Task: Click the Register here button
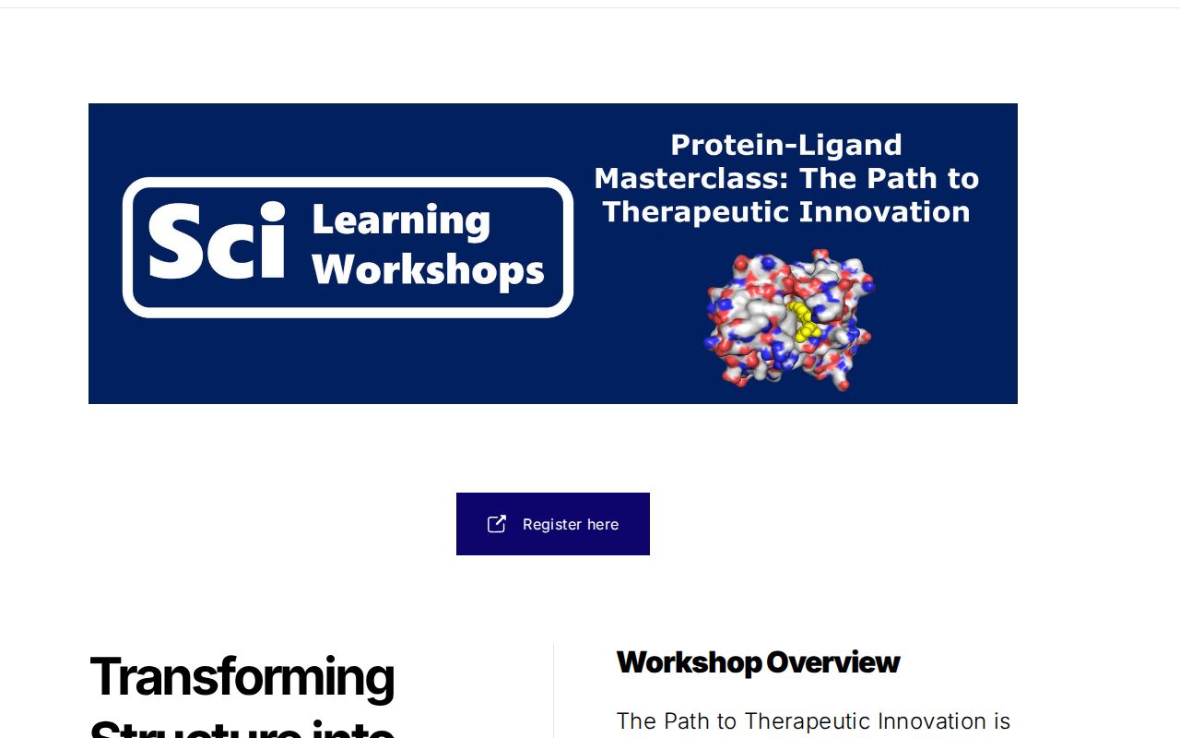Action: tap(553, 524)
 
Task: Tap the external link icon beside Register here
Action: tap(497, 524)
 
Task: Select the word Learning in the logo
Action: tap(401, 221)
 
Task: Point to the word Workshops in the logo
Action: tap(428, 270)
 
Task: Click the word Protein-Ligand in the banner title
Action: tap(785, 145)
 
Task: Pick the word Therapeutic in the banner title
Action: tap(696, 212)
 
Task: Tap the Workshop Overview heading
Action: tap(758, 662)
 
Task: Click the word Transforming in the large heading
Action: tap(242, 676)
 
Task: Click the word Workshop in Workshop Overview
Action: tap(689, 662)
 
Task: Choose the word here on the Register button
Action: tap(603, 524)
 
